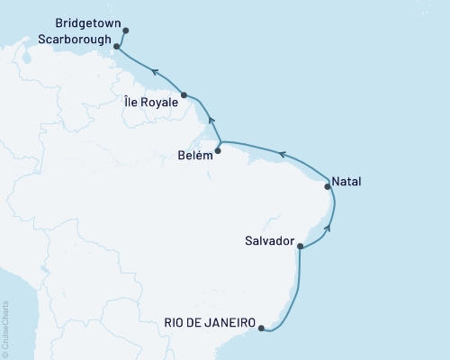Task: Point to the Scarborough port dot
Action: click(117, 40)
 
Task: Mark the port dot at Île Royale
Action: click(184, 95)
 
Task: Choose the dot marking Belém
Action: click(219, 151)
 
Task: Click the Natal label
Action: click(346, 181)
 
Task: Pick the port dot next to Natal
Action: click(328, 187)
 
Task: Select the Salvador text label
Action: click(270, 241)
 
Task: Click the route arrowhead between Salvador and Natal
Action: click(328, 229)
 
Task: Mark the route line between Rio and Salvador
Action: click(300, 288)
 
